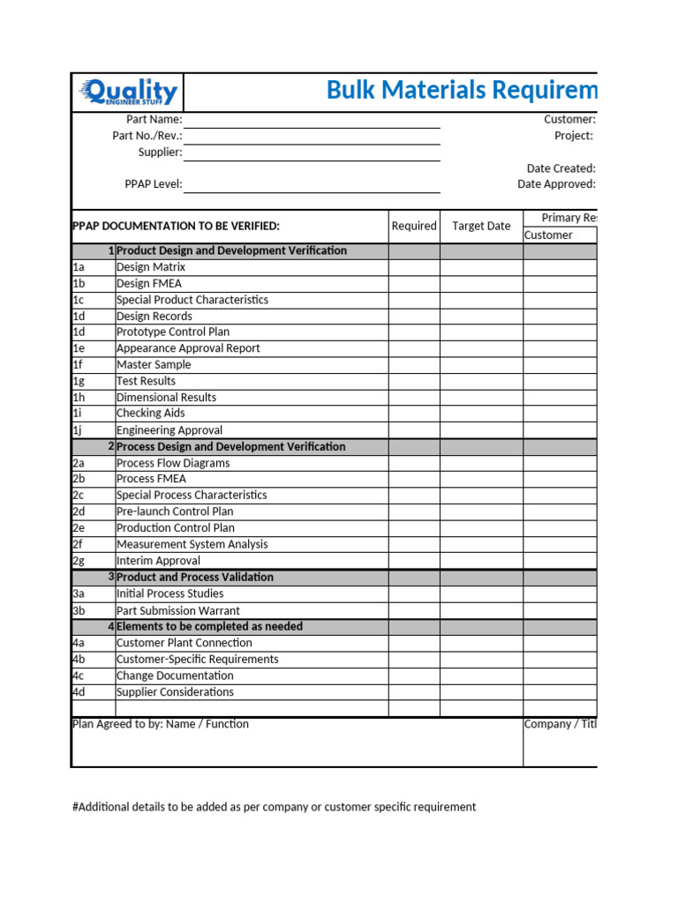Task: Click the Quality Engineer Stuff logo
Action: pos(128,92)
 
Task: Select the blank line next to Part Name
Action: pos(312,120)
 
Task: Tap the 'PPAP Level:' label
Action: pos(154,184)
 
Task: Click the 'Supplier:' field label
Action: pos(160,152)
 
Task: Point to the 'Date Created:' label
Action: pos(561,168)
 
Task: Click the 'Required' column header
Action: pos(414,226)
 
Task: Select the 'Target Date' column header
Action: pos(481,226)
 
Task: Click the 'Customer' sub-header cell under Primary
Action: pos(548,235)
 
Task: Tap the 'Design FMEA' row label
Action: pos(150,283)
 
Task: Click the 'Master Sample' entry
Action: pos(154,364)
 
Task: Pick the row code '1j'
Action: pos(79,430)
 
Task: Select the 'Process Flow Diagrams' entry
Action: pos(173,463)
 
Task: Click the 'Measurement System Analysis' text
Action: pos(192,544)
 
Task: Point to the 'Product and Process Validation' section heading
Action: pos(194,577)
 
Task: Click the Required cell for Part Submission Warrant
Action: pos(414,610)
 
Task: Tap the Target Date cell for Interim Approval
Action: pos(481,561)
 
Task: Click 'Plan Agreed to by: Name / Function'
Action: pos(160,724)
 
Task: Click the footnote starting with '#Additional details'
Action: pos(274,807)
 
